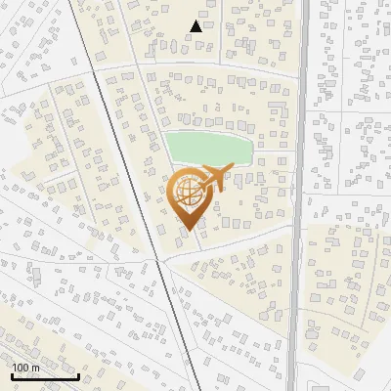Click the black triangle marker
(196, 26)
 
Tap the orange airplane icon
(215, 178)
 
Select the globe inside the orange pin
(187, 193)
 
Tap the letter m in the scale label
(35, 368)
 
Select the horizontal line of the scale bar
(45, 376)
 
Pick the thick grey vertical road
(299, 195)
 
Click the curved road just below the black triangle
(195, 65)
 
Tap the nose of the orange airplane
(232, 167)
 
